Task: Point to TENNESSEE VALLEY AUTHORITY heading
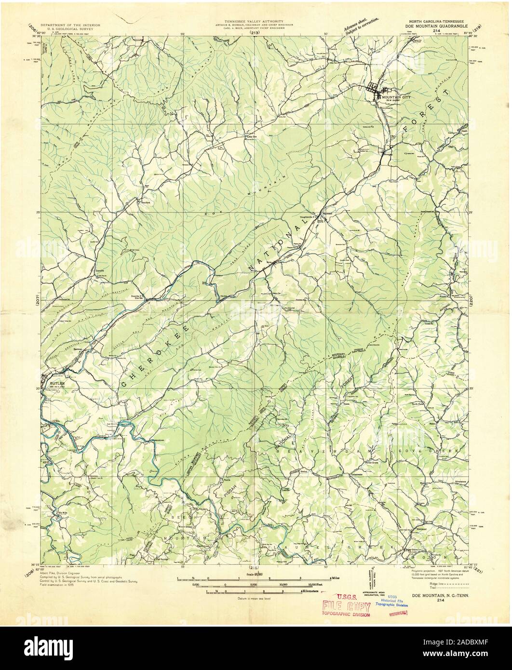pyautogui.click(x=256, y=23)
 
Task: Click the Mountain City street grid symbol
pyautogui.click(x=375, y=89)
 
